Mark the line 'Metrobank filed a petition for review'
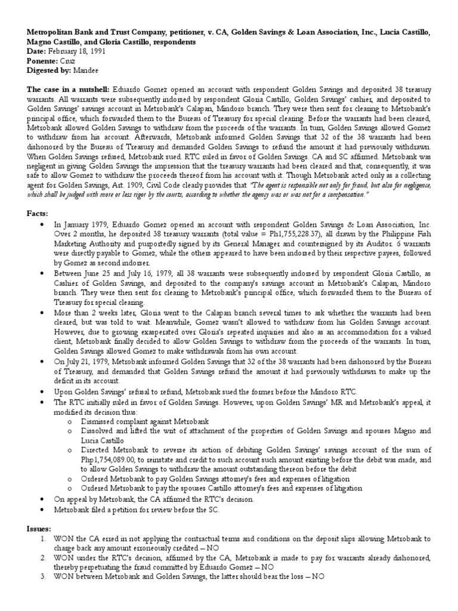pos(146,510)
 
